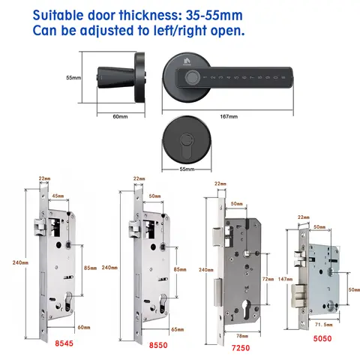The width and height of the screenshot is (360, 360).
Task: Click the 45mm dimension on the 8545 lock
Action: coord(58,197)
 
